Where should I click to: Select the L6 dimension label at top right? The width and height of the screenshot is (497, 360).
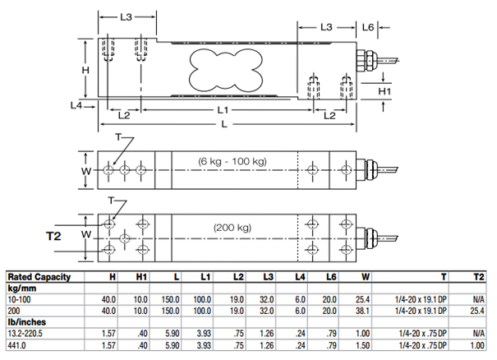pyautogui.click(x=368, y=28)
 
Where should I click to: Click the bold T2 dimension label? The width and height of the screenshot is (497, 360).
pyautogui.click(x=54, y=236)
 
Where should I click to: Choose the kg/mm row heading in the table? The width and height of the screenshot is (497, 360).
pyautogui.click(x=25, y=288)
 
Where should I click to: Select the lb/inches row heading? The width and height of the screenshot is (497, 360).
pyautogui.click(x=28, y=323)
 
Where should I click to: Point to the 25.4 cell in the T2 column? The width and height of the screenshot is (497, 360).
pyautogui.click(x=476, y=312)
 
